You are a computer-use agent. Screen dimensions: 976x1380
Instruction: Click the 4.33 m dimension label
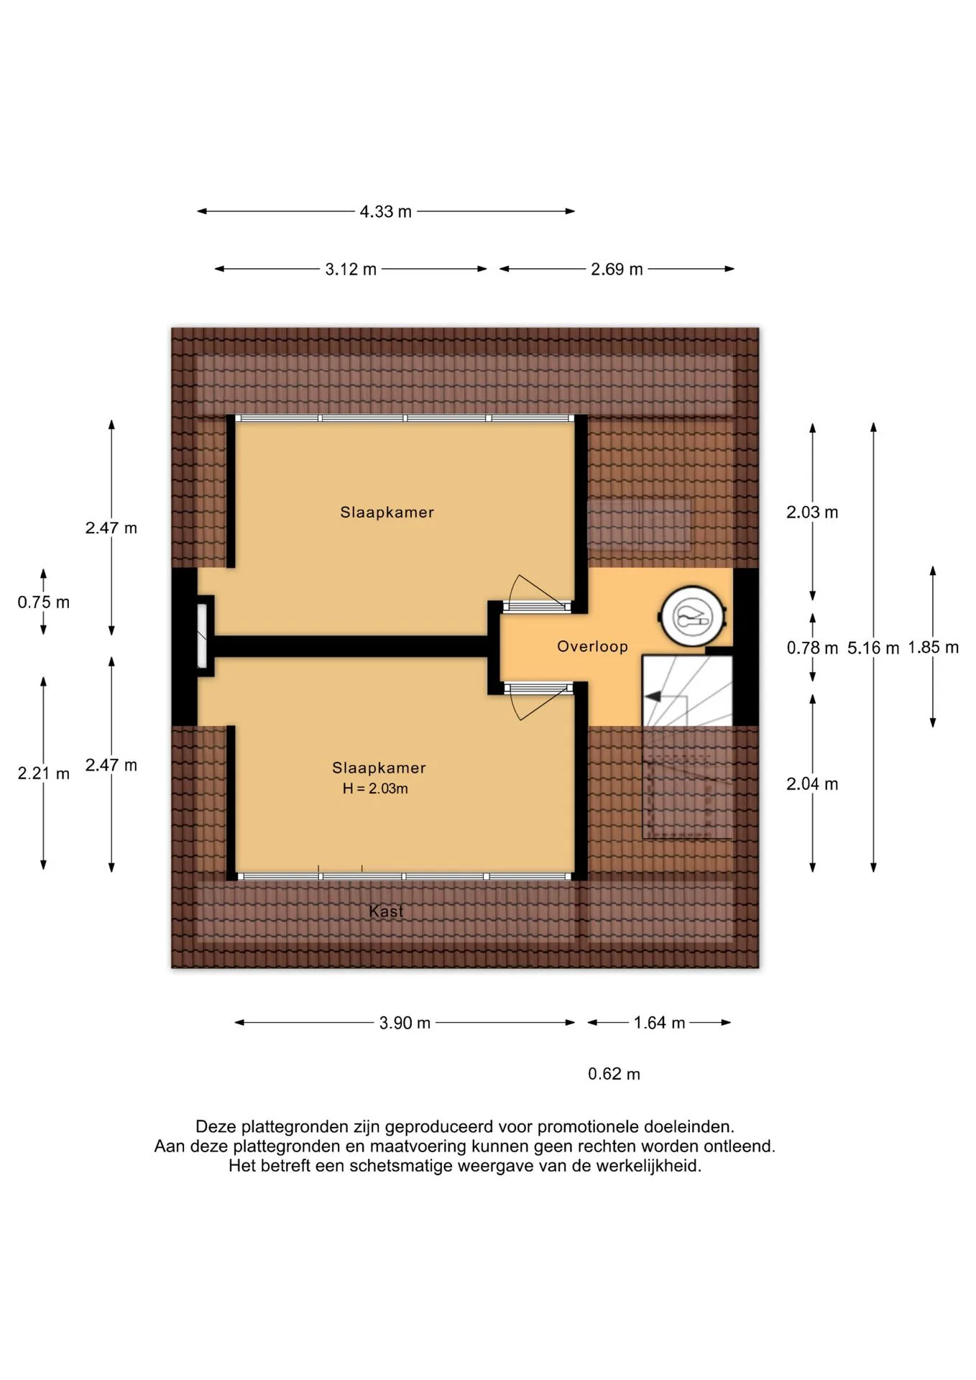click(x=386, y=211)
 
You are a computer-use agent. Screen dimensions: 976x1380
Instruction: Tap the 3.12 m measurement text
click(x=351, y=270)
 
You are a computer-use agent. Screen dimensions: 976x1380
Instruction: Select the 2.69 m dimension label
click(x=617, y=270)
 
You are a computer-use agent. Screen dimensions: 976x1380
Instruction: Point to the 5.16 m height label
click(x=873, y=648)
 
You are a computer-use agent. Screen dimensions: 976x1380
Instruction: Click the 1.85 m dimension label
click(x=933, y=648)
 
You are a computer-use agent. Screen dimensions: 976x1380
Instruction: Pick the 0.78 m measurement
click(x=812, y=648)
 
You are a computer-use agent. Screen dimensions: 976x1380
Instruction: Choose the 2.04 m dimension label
click(x=812, y=784)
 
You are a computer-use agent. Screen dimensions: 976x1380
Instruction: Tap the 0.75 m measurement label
click(x=44, y=602)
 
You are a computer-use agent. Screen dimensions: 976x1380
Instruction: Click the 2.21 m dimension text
click(x=44, y=774)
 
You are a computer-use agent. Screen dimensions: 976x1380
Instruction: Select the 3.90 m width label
click(x=405, y=1023)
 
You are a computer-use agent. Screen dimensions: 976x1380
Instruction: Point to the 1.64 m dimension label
click(x=659, y=1023)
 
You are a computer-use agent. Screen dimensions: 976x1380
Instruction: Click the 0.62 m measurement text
click(x=614, y=1074)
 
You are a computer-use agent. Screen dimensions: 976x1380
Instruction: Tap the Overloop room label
click(x=592, y=647)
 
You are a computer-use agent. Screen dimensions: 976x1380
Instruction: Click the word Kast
click(x=386, y=911)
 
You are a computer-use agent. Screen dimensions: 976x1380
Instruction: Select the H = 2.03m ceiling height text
click(x=375, y=788)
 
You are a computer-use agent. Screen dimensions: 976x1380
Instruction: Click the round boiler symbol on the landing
click(x=692, y=615)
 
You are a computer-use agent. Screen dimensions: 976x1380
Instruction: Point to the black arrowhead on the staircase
click(x=653, y=696)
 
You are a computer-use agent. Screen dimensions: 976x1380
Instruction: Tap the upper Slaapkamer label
click(x=387, y=512)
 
